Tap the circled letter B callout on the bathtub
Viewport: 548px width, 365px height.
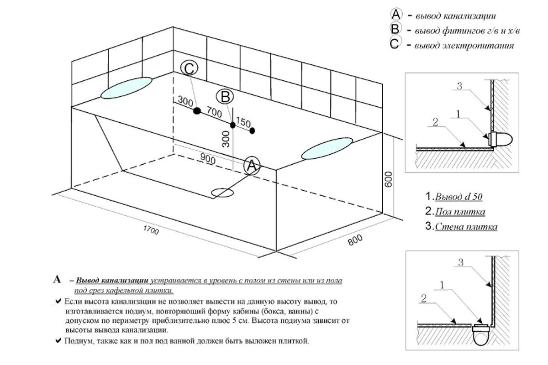pos(225,96)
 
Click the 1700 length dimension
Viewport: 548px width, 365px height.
pos(150,232)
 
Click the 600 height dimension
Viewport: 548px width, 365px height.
pos(389,181)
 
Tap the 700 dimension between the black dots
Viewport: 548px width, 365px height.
pos(214,111)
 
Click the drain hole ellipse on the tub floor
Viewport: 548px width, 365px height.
pos(223,192)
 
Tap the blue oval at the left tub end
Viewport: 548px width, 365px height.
pos(126,88)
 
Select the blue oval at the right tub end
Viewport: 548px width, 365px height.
pos(327,147)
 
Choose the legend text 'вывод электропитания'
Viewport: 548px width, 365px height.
pos(464,46)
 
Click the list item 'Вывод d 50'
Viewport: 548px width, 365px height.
pos(458,197)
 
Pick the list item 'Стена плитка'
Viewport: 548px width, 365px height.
pos(465,226)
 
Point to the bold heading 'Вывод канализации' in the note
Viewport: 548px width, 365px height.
pos(111,280)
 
